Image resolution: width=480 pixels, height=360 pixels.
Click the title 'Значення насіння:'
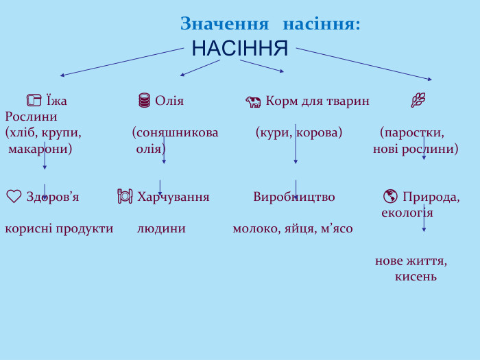click(270, 24)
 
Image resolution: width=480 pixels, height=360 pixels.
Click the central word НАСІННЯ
click(240, 49)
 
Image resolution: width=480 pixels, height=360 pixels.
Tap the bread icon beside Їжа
click(34, 101)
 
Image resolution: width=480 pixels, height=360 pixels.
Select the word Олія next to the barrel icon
click(169, 101)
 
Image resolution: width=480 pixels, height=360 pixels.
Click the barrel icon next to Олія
click(144, 101)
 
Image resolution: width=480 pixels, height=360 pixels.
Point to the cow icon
click(253, 102)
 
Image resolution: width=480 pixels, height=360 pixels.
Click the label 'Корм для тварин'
click(317, 101)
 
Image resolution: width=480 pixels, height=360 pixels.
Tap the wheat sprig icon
click(418, 100)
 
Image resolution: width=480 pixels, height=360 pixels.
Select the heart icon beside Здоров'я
click(14, 197)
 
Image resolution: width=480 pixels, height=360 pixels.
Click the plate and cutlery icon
click(125, 197)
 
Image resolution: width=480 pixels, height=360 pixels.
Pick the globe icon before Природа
click(390, 197)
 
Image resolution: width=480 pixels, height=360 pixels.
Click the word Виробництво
click(294, 197)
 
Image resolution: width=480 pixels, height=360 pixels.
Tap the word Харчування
click(173, 197)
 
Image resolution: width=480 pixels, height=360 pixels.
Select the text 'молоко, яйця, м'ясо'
click(293, 228)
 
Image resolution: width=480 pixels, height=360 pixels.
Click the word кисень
click(416, 276)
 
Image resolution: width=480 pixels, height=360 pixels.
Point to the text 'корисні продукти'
click(59, 228)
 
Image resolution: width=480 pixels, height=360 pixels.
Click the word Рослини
click(31, 117)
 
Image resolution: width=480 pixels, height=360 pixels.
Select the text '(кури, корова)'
click(299, 132)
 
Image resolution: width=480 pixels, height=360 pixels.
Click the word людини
click(161, 228)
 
